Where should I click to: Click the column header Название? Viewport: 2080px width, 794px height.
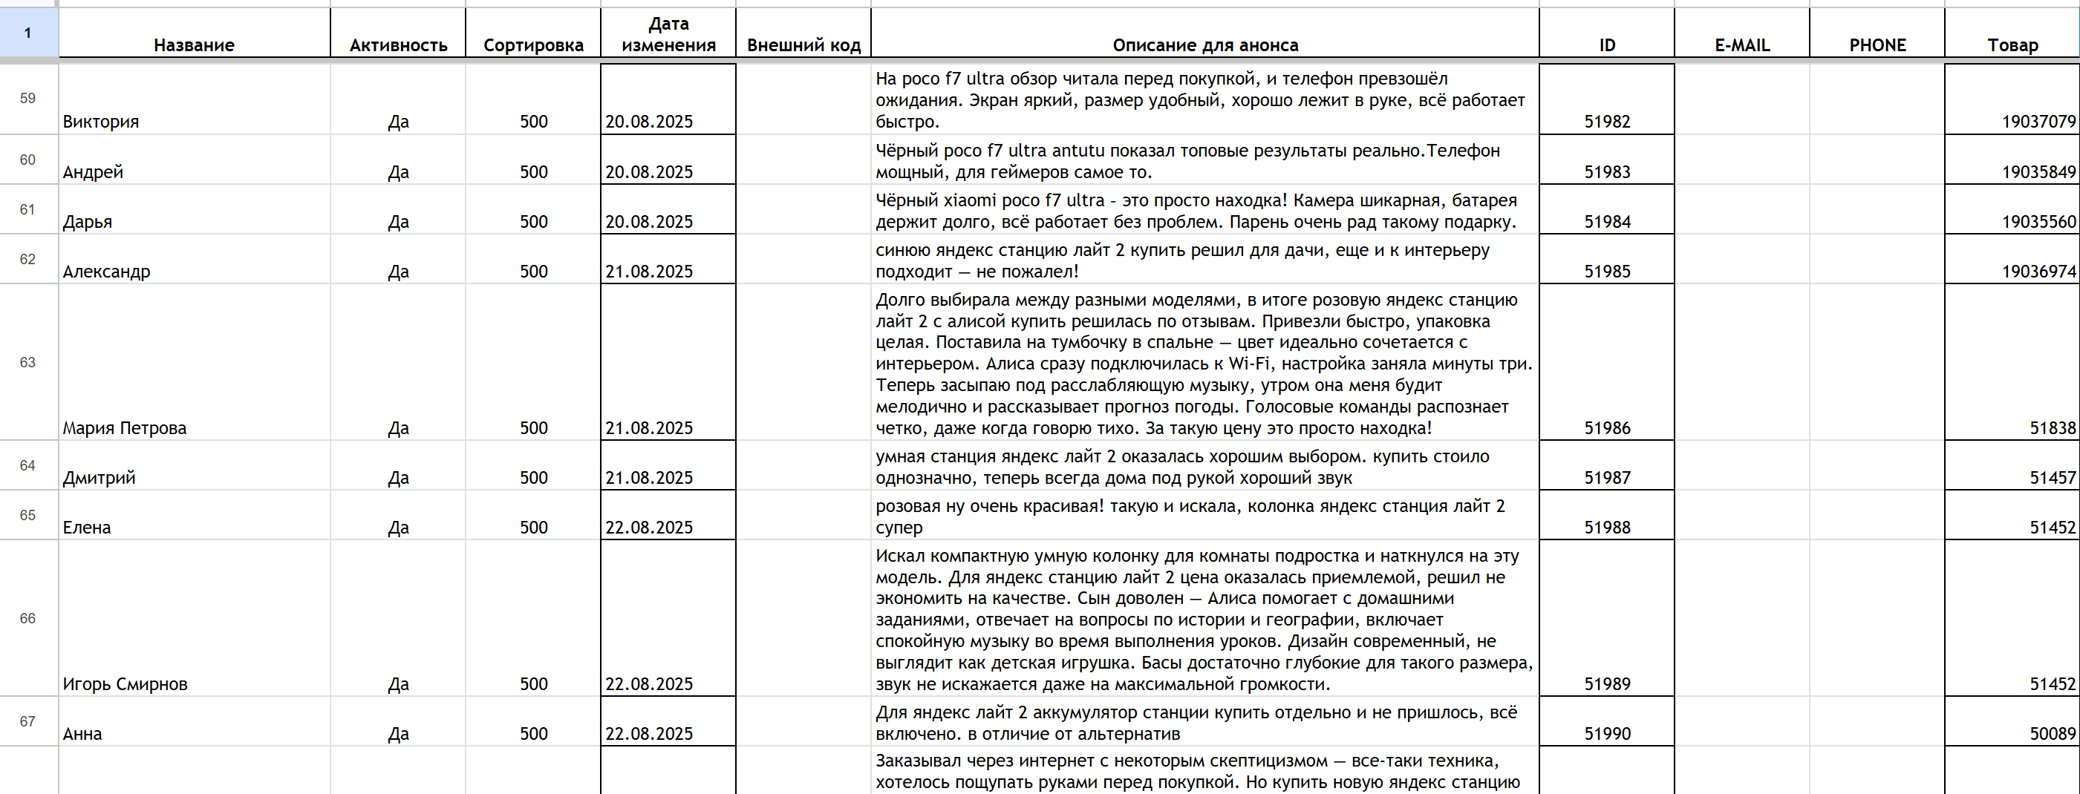point(194,45)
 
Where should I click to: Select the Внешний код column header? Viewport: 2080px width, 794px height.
point(803,45)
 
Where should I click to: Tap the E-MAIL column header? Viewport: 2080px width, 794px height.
point(1741,45)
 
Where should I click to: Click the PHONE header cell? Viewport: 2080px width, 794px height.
point(1877,45)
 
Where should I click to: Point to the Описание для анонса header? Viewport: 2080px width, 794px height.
point(1204,45)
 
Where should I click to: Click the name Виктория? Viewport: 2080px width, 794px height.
point(101,122)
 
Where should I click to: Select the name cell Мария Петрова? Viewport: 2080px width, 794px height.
point(124,428)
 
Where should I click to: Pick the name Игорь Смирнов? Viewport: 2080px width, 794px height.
point(125,684)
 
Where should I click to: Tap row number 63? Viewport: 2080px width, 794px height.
point(27,362)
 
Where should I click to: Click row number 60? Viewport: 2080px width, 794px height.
point(27,160)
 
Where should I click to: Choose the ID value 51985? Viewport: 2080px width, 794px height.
point(1607,272)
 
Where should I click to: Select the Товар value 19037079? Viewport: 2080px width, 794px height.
point(2038,122)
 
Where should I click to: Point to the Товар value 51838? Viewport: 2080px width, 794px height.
point(2052,428)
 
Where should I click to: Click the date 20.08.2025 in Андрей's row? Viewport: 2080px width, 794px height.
point(649,173)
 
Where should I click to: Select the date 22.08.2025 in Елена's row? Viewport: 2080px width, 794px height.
point(649,528)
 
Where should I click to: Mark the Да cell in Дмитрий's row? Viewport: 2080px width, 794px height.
point(398,479)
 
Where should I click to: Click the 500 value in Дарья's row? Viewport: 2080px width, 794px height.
point(534,222)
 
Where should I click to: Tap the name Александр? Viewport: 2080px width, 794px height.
point(107,272)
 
